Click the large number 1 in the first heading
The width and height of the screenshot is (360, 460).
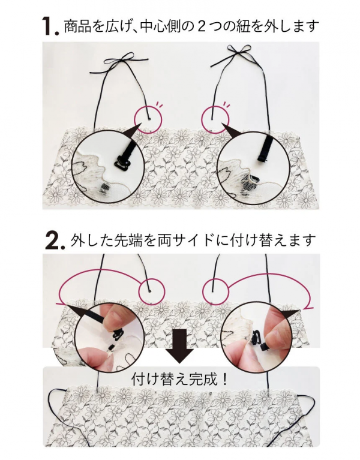(47, 26)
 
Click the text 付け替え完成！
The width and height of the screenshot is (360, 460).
(180, 380)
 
